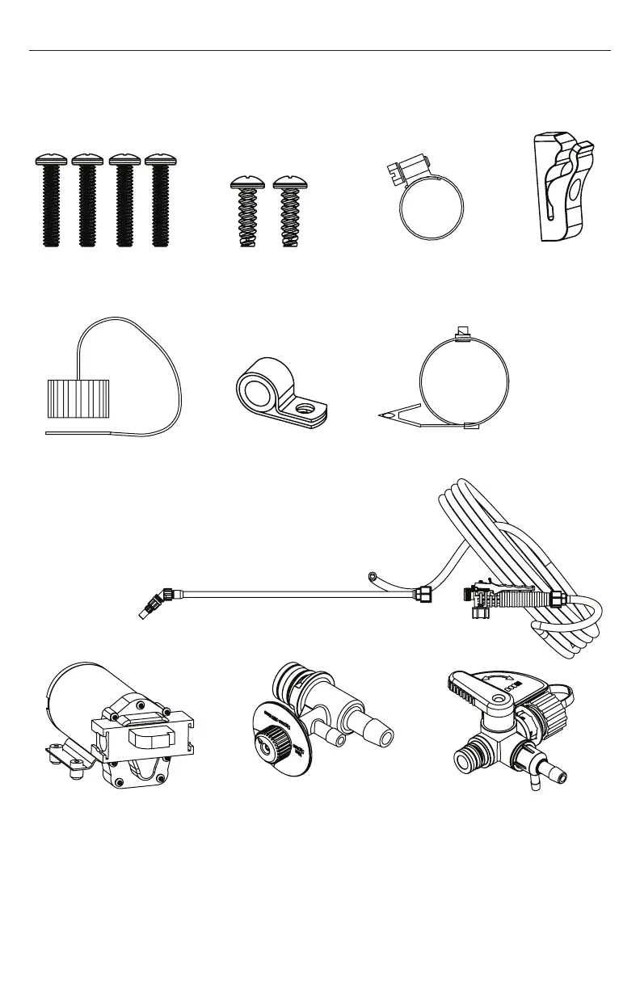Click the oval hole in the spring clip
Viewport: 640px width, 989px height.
pos(575,191)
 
